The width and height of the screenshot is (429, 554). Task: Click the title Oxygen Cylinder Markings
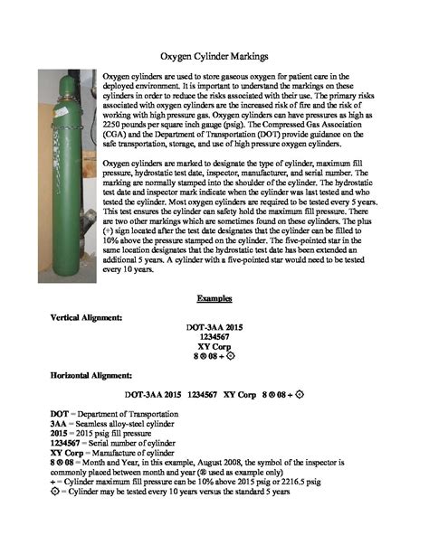(215, 56)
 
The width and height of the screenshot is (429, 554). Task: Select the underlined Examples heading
(214, 297)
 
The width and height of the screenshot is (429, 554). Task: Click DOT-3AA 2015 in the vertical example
(215, 326)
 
